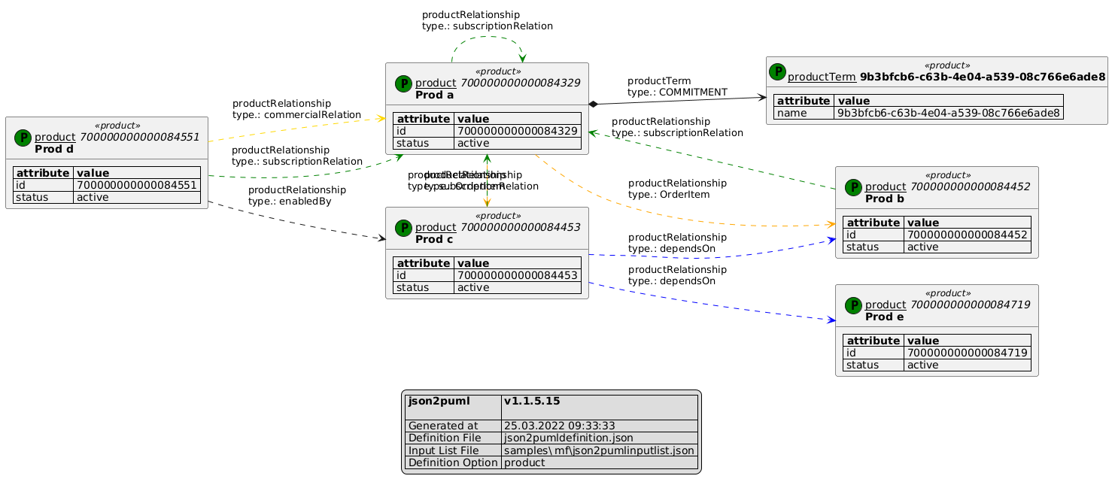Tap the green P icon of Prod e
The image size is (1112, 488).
[x=853, y=305]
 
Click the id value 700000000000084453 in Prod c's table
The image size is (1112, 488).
[x=517, y=275]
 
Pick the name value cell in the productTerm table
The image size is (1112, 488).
[x=948, y=113]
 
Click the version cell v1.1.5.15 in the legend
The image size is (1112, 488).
[x=531, y=402]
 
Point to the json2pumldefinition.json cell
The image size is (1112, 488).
[x=568, y=438]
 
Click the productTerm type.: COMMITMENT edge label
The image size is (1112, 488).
[x=677, y=86]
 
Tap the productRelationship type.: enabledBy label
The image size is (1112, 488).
[x=297, y=196]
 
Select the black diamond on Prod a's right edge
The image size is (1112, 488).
[x=594, y=103]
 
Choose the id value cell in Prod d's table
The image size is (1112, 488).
[x=136, y=185]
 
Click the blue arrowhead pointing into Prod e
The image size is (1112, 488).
[x=831, y=320]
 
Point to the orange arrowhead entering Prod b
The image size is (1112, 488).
[x=831, y=224]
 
